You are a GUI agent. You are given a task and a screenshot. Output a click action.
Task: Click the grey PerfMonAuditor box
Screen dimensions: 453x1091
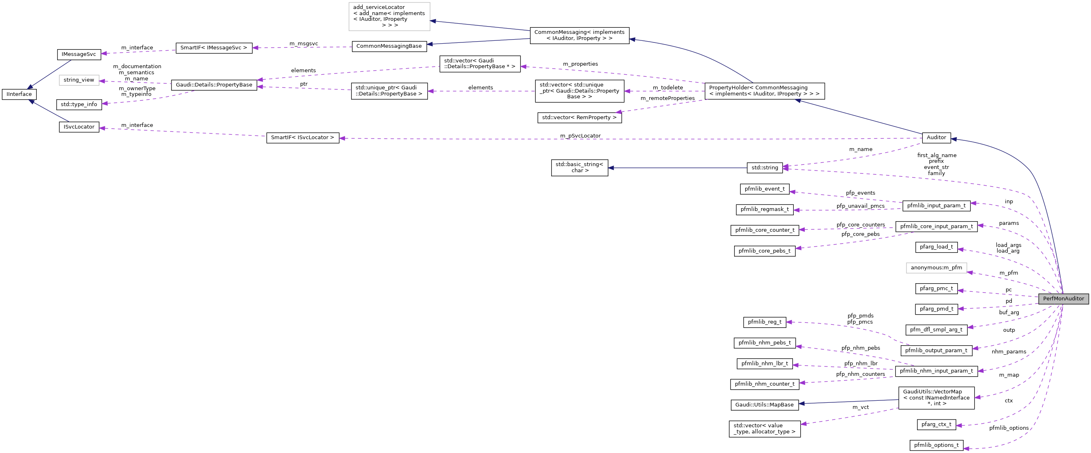point(1063,298)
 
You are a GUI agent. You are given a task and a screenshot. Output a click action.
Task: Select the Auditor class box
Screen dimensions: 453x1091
point(936,137)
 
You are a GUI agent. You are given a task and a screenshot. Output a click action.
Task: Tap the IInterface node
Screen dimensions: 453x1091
point(19,94)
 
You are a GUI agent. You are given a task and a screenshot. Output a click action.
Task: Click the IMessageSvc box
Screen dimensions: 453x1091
point(79,54)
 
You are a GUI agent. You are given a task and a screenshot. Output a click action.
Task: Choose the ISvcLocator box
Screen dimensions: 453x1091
point(79,127)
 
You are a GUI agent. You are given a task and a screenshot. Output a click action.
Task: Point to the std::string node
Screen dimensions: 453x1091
point(764,168)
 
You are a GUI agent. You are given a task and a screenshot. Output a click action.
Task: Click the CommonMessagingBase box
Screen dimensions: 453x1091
point(389,46)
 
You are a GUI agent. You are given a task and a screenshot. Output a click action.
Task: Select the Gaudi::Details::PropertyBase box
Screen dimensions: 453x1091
point(214,84)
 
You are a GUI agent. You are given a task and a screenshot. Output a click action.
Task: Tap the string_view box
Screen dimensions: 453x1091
point(79,80)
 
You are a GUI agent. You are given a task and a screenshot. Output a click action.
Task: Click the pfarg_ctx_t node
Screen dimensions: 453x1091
point(936,424)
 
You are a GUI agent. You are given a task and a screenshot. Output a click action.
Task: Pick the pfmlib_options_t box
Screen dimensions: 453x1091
point(936,445)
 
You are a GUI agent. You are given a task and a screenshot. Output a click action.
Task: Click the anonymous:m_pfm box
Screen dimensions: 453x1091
point(936,268)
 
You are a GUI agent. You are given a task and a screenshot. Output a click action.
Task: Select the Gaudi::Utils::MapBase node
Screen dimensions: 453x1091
point(764,405)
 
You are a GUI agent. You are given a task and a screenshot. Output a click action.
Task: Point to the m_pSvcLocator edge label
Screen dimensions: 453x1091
point(580,136)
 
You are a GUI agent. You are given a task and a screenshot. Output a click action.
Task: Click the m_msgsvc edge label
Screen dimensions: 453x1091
point(303,44)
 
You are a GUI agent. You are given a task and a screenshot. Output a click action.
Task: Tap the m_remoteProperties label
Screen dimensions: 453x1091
point(668,98)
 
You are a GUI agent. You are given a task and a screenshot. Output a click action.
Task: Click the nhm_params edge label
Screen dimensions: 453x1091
point(1009,352)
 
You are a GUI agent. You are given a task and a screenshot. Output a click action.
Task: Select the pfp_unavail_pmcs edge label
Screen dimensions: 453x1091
point(860,206)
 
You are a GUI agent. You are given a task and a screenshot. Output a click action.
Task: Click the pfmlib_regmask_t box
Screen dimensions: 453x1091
point(764,209)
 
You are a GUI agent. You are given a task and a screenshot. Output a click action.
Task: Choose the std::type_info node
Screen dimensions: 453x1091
point(79,104)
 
